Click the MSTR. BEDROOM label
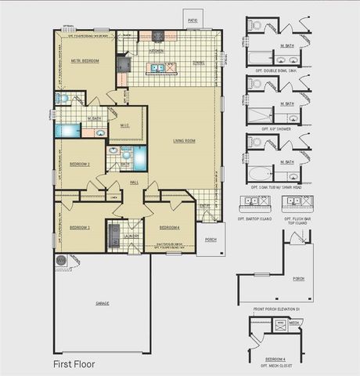tap(85, 60)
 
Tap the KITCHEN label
tap(157, 50)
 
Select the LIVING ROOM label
tap(184, 140)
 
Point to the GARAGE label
tap(103, 302)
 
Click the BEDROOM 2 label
tap(80, 164)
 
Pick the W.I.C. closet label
tap(125, 125)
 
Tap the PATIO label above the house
tap(193, 20)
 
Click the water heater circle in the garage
tap(59, 258)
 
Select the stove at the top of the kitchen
tap(157, 36)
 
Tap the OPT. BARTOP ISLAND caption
tap(257, 219)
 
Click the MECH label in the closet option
tap(294, 322)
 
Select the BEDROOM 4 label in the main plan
tap(170, 227)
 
